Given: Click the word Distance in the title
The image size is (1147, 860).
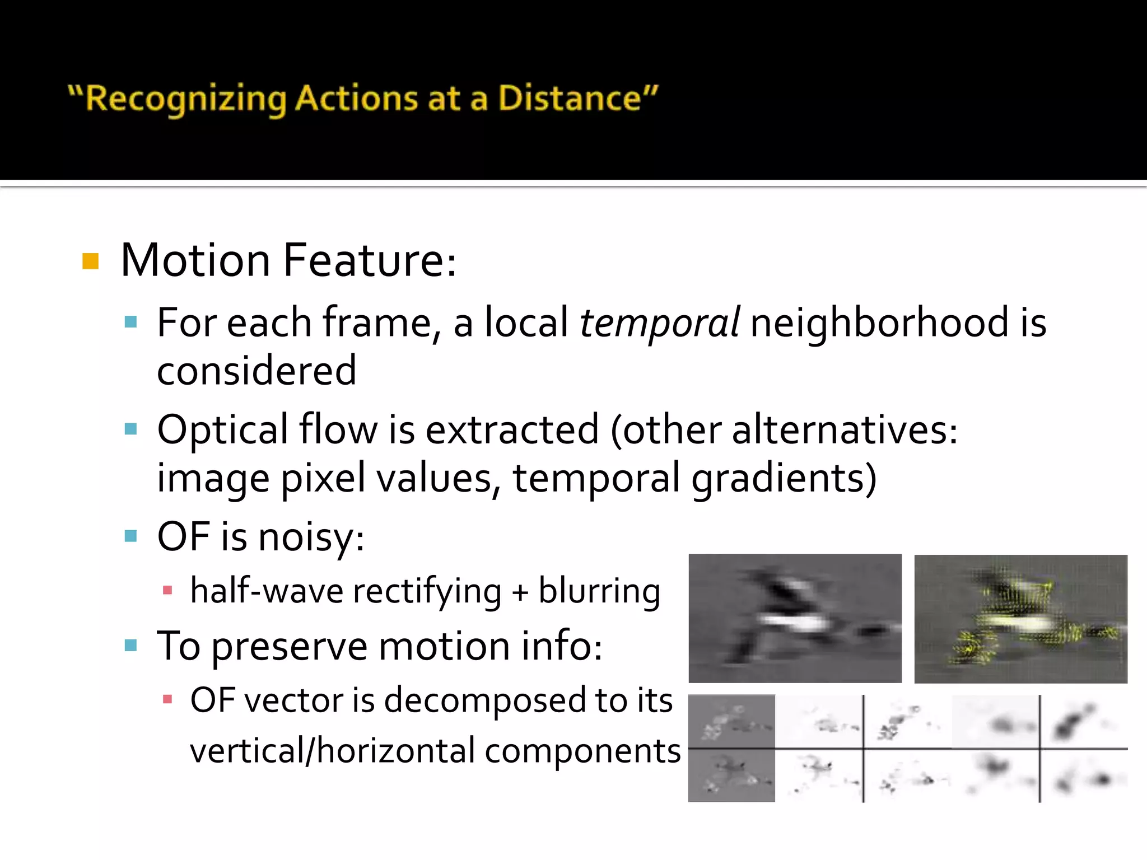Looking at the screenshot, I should coord(577,99).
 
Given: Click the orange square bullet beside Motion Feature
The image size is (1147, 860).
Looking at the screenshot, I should coord(90,261).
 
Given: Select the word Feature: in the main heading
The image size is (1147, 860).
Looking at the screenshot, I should coord(369,261).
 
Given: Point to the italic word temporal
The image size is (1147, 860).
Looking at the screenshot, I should coord(659,323).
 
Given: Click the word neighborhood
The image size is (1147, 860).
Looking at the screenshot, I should coord(879,323).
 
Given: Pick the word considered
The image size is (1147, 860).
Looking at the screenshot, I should coord(257,371).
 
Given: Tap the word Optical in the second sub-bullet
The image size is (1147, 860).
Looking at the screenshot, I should coord(222,431).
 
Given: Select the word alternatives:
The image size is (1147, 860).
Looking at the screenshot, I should coord(845,431).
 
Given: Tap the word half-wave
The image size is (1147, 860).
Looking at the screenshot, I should coord(267,591).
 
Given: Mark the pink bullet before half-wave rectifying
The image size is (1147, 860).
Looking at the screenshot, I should coord(167,590).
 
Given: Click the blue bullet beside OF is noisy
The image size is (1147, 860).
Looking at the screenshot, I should coord(131,536).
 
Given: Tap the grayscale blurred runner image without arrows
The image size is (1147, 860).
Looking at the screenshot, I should coord(795,618).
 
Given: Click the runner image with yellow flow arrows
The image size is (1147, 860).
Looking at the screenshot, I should coord(1020,619).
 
